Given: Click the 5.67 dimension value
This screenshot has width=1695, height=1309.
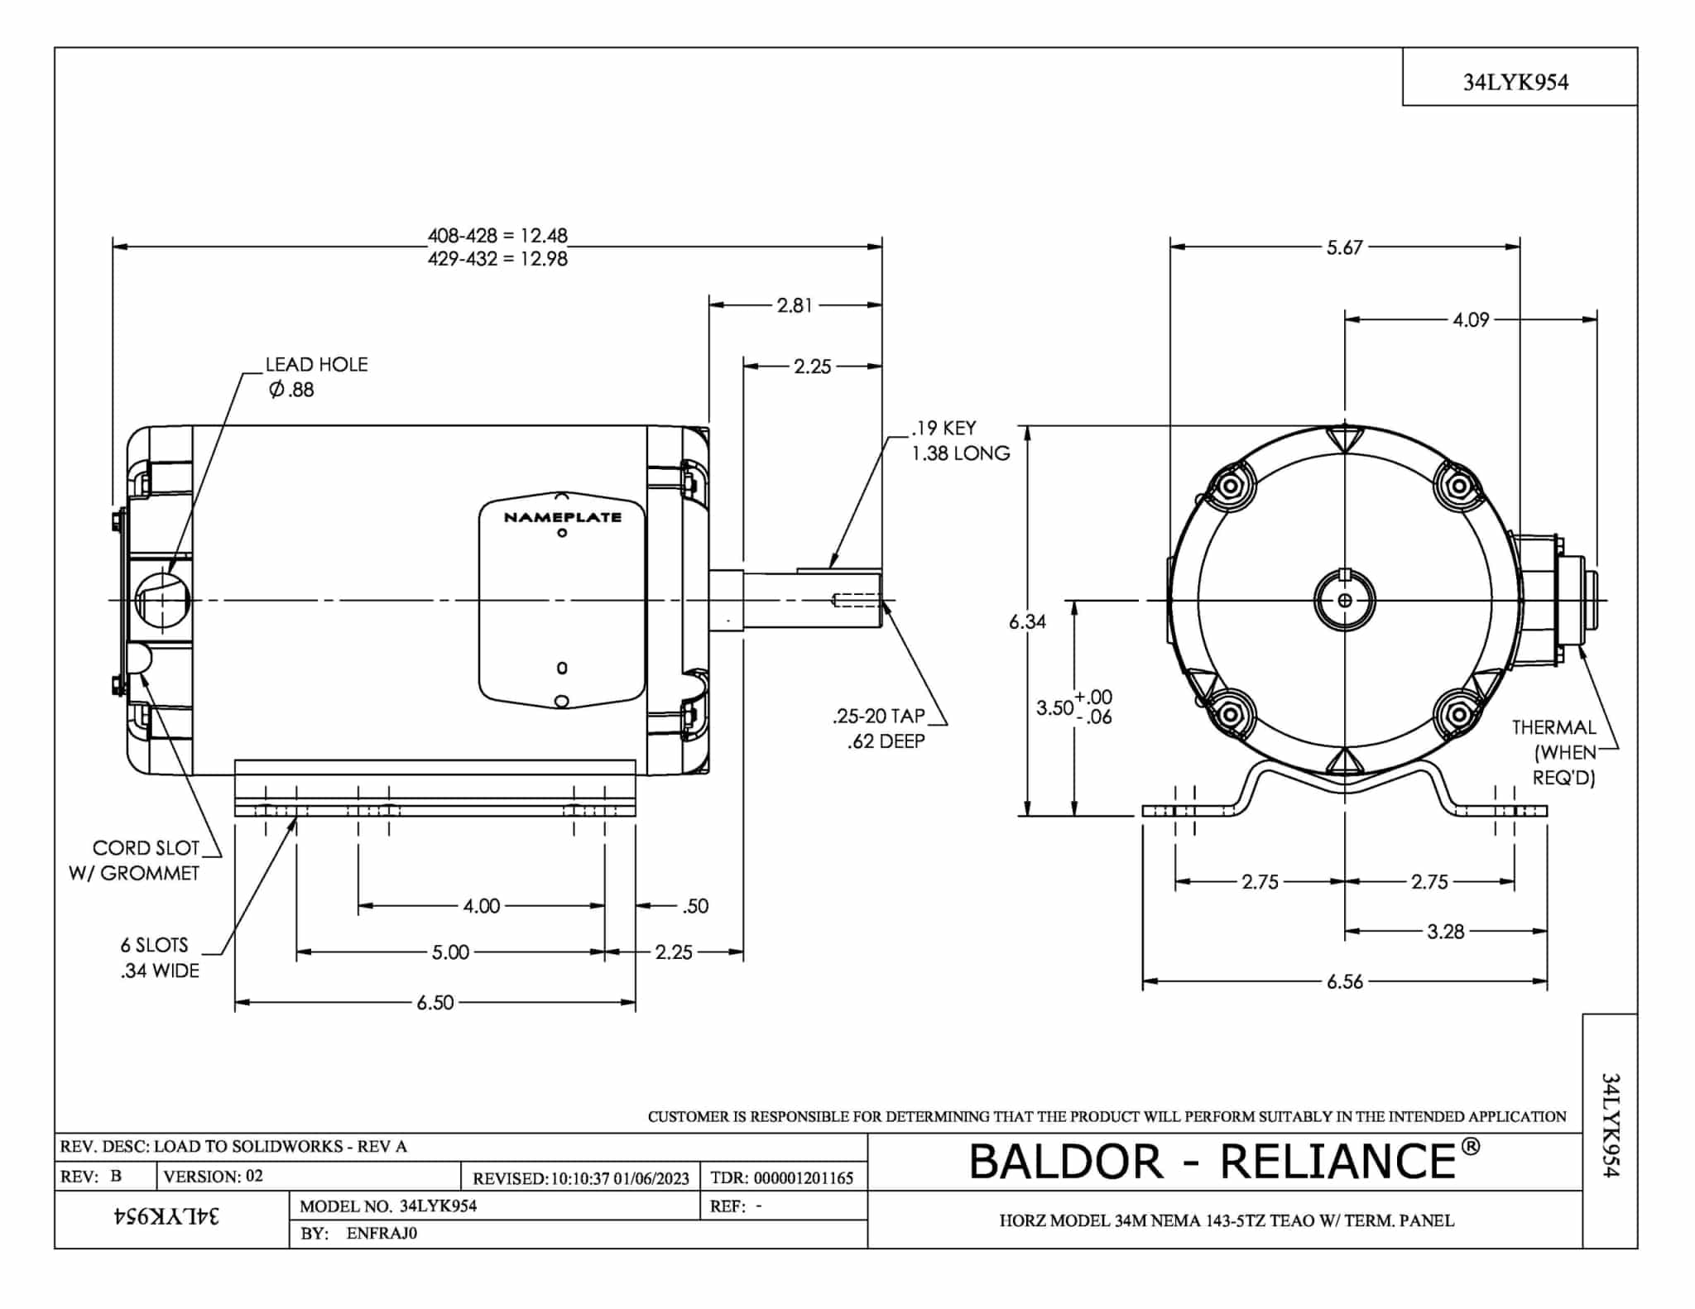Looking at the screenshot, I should point(1344,247).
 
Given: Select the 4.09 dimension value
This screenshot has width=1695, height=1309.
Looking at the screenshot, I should point(1471,319).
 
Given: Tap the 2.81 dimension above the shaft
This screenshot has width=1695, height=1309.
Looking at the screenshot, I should point(795,305).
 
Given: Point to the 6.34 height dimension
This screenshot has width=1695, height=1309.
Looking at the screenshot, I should point(1027,621).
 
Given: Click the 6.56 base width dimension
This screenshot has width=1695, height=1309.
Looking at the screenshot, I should point(1344,981).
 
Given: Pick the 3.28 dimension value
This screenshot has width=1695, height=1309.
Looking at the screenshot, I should point(1445,932).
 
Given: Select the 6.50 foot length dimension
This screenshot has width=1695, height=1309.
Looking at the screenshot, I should point(435,1003).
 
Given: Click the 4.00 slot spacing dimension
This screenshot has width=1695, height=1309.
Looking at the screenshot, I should point(481,906).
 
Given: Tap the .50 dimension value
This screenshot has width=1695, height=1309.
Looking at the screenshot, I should point(695,906).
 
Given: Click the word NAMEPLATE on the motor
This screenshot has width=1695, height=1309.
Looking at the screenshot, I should point(562,517).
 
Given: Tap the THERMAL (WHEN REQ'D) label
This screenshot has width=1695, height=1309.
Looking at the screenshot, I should point(1553,752).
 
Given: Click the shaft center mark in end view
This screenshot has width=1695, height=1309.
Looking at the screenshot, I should point(1345,600).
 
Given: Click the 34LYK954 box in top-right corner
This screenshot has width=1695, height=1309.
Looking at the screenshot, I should point(1515,82).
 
